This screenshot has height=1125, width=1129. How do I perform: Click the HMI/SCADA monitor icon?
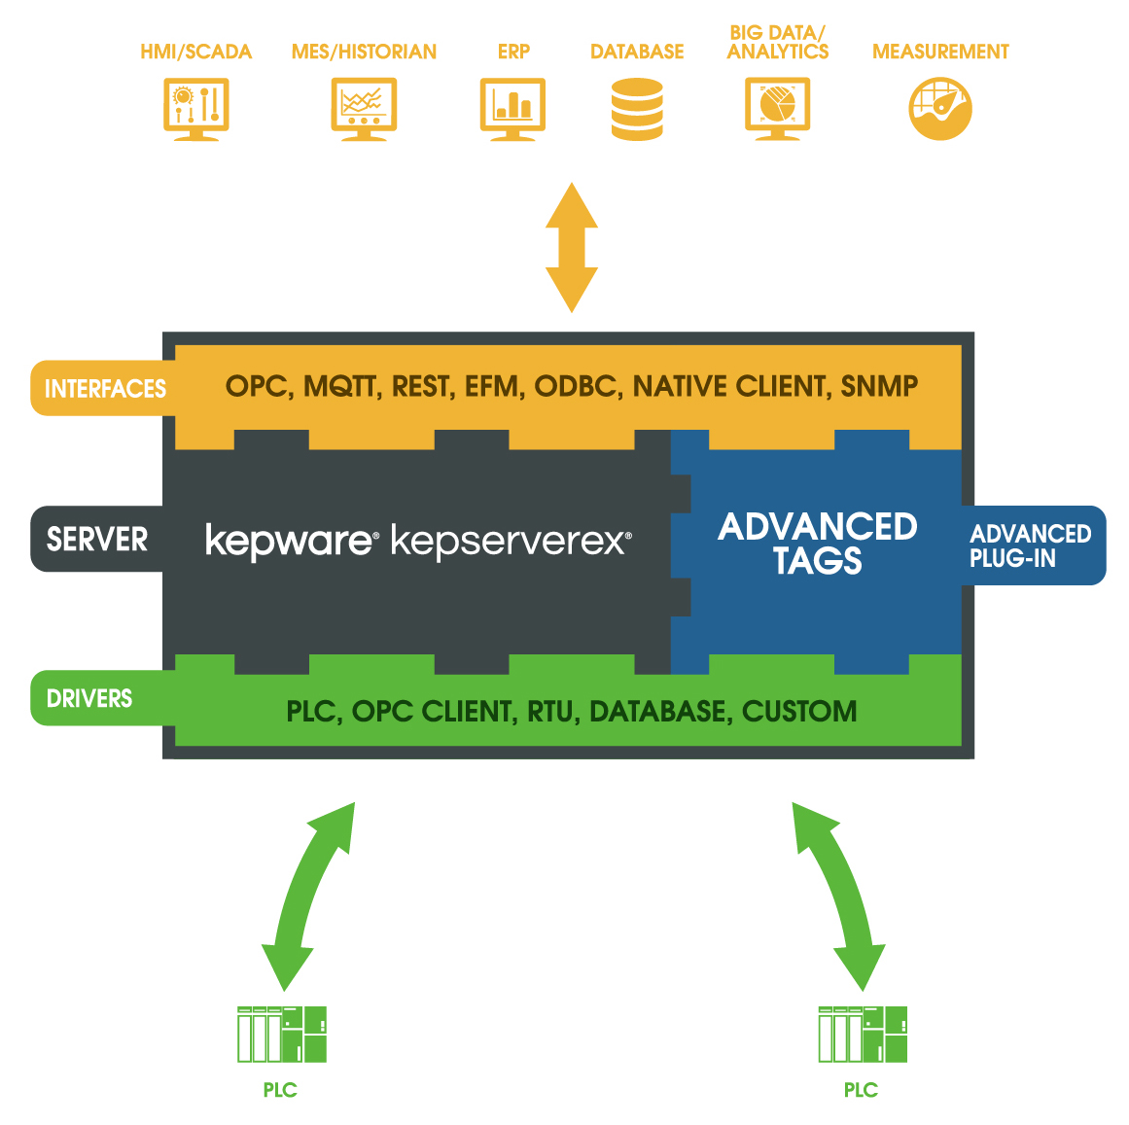pyautogui.click(x=196, y=110)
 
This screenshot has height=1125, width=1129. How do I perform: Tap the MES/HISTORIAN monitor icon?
pyautogui.click(x=364, y=110)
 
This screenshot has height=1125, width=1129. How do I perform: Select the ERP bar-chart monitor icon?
pyautogui.click(x=512, y=110)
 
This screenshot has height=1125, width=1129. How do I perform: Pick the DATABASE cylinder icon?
pyautogui.click(x=637, y=110)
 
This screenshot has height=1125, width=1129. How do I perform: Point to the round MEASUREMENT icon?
pyautogui.click(x=940, y=109)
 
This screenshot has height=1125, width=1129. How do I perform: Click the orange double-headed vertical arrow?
pyautogui.click(x=572, y=247)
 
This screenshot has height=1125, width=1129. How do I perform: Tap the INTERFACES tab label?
pyautogui.click(x=104, y=389)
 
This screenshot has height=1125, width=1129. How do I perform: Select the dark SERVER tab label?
pyautogui.click(x=96, y=539)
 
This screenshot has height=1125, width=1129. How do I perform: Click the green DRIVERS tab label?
pyautogui.click(x=89, y=698)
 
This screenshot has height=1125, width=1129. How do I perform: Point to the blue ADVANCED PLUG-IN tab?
pyautogui.click(x=1032, y=545)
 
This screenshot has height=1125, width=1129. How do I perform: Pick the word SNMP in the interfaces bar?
pyautogui.click(x=879, y=387)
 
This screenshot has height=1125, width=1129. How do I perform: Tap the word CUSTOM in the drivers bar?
pyautogui.click(x=799, y=712)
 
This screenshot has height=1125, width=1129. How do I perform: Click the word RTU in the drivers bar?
pyautogui.click(x=550, y=712)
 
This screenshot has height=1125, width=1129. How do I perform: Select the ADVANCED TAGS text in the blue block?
pyautogui.click(x=818, y=544)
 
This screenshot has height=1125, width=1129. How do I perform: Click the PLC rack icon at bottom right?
pyautogui.click(x=863, y=1035)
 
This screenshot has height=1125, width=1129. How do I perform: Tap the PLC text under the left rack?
pyautogui.click(x=280, y=1090)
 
